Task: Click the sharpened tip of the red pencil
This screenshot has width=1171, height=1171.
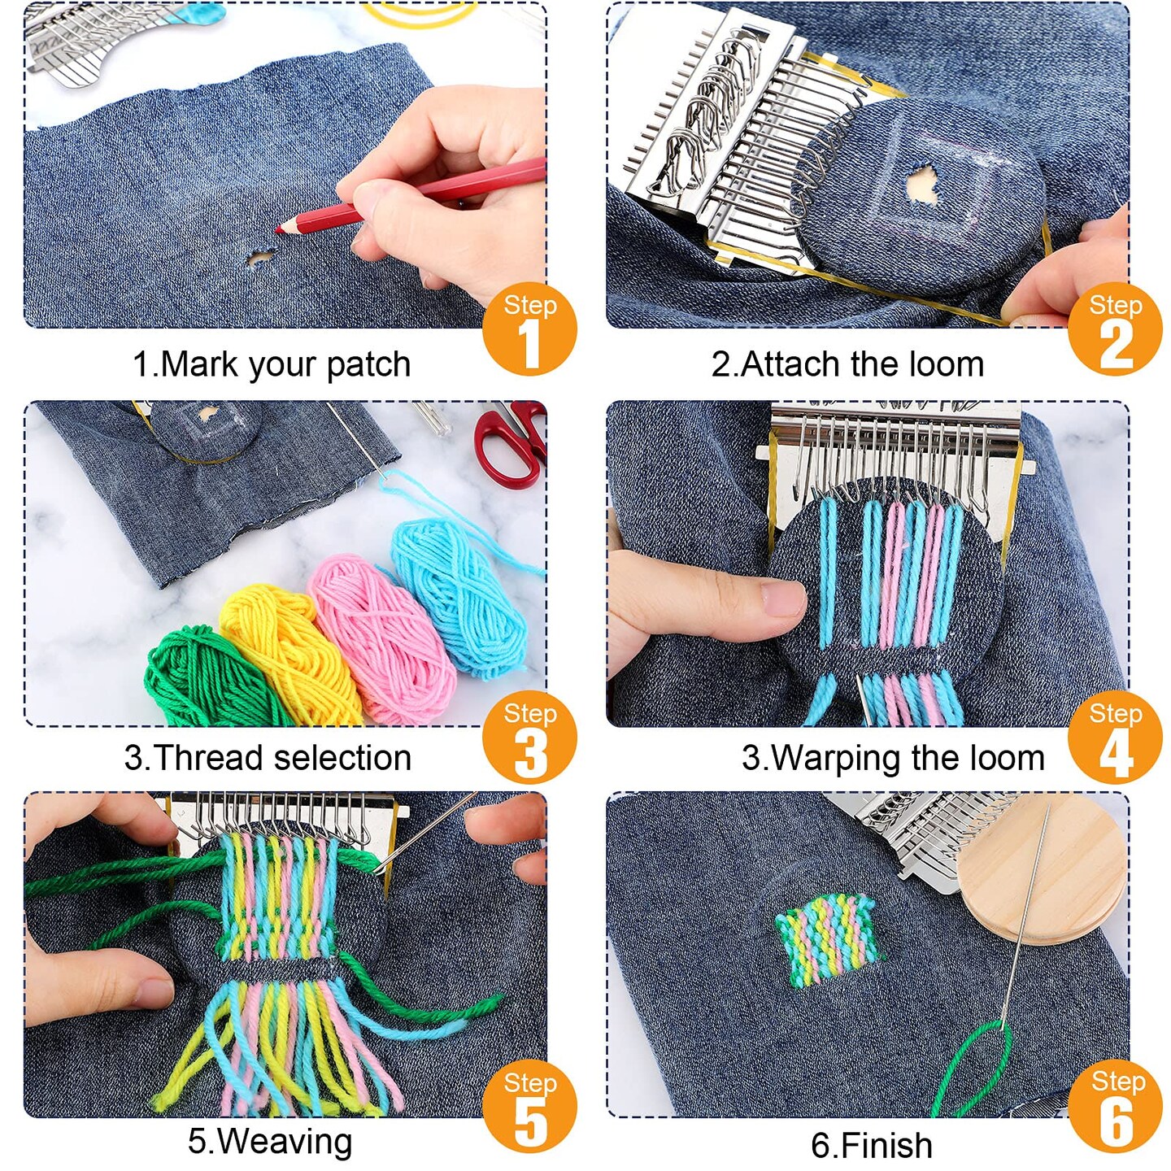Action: [278, 229]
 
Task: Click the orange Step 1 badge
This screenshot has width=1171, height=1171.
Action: [529, 329]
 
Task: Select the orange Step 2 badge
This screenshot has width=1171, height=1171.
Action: [1115, 329]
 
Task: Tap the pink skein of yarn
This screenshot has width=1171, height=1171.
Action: [381, 638]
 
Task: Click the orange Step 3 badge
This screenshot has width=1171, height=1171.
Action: [529, 737]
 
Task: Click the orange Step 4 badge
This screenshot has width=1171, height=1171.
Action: [1115, 737]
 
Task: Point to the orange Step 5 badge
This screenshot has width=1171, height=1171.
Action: [529, 1106]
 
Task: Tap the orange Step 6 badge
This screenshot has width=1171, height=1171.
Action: [1115, 1106]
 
